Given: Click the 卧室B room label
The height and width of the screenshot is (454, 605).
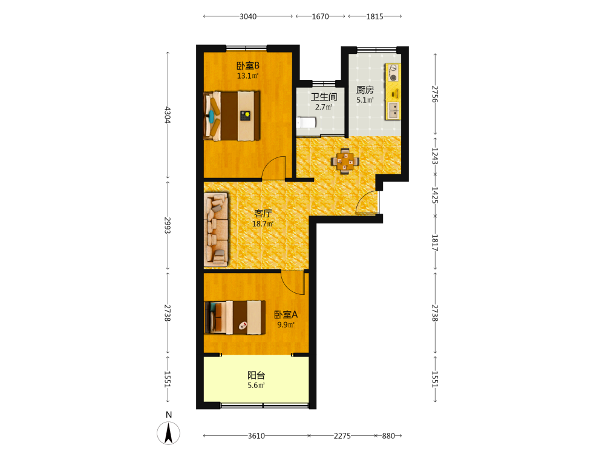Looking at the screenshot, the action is (247, 65).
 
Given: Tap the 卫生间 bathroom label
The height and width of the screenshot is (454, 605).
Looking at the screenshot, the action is (324, 97).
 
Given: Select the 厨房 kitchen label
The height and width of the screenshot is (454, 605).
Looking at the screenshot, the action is (365, 90).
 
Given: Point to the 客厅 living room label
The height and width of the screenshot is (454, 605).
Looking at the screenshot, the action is (263, 213).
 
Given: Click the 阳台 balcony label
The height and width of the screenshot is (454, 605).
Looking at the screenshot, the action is (256, 375).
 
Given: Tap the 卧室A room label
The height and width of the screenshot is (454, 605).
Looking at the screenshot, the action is (286, 315).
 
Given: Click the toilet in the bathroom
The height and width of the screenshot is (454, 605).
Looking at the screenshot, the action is (306, 123).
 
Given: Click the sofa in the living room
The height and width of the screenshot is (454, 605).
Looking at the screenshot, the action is (216, 229).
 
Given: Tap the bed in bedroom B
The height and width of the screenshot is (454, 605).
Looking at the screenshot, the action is (232, 116).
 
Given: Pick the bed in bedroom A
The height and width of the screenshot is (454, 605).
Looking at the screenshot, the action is (235, 317).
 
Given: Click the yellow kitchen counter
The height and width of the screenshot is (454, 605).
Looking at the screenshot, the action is (393, 92).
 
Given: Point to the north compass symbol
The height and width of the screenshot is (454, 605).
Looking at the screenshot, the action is (169, 432).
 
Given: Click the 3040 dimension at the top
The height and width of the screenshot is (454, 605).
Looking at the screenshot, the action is (247, 16).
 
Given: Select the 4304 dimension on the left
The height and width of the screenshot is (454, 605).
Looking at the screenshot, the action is (168, 115).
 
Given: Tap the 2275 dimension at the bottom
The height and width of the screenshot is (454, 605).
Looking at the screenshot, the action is (342, 436).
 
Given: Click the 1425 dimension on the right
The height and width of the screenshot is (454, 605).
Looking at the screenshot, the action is (435, 196).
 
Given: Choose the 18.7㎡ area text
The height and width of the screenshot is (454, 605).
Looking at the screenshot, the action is (263, 223).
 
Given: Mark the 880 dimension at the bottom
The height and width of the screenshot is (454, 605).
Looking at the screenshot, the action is (388, 436).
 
